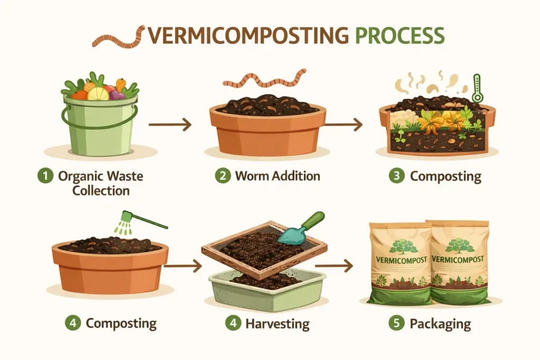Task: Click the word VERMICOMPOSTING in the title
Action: tap(247, 35)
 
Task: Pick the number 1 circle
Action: tap(48, 176)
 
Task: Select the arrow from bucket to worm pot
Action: tap(169, 125)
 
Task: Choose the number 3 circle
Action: tap(397, 176)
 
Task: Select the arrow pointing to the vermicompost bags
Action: tap(340, 266)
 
